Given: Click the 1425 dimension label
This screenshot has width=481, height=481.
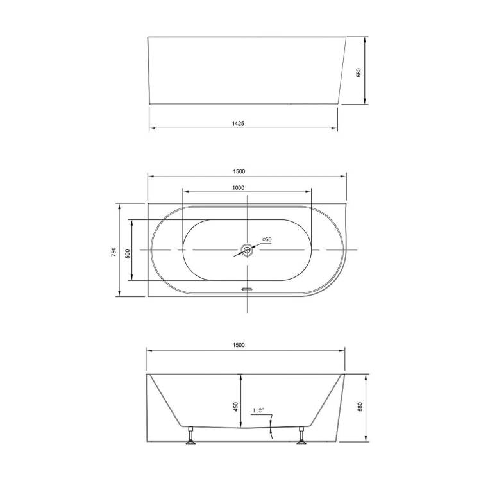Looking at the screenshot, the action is pos(238,124).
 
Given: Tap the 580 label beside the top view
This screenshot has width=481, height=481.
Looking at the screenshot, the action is pos(359,72).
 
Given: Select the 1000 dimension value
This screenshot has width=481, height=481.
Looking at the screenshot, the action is pos(238,188).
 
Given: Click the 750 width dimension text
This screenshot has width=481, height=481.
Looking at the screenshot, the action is pos(114,252).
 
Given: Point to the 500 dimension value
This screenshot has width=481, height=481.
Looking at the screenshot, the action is pos(128,254).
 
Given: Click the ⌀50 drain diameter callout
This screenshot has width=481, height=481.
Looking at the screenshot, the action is pos(267,239).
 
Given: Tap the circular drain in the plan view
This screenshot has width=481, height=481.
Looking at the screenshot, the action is pos(247,249).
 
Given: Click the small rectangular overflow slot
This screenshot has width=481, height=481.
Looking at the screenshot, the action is pos(247,289).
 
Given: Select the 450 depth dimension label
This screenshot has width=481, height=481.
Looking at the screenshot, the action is pos(236,407).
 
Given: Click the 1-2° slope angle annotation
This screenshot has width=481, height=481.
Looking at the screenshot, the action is pos(258,410).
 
